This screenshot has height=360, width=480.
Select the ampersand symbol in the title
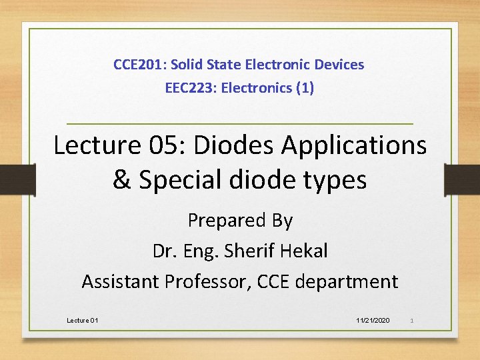(x=122, y=179)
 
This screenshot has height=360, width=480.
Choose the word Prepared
(x=223, y=220)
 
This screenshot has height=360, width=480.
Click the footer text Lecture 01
(x=83, y=321)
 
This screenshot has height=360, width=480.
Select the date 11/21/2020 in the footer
(x=373, y=321)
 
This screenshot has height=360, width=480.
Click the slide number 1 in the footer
(x=412, y=321)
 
